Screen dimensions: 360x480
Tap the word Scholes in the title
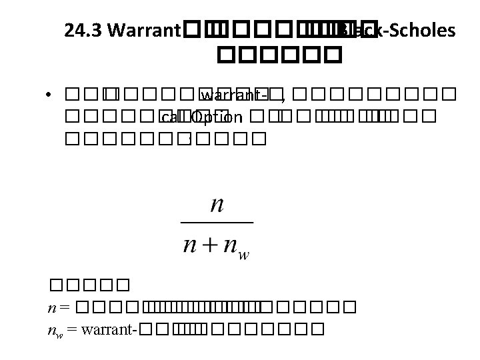coord(416,30)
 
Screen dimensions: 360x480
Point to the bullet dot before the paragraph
coord(50,96)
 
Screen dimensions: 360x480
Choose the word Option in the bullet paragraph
coord(217,119)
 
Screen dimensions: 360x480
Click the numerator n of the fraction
coord(216,204)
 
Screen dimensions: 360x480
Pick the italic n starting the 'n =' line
coord(51,309)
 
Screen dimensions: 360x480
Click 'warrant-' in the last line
coord(108,329)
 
